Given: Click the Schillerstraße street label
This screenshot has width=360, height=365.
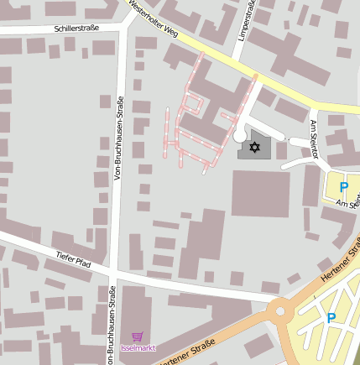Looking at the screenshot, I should click(76, 28).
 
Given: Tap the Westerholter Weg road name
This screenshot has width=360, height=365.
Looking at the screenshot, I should click(153, 20).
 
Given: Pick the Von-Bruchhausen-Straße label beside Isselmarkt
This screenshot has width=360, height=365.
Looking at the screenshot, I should click(112, 325).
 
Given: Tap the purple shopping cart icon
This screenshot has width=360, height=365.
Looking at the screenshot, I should click(138, 335).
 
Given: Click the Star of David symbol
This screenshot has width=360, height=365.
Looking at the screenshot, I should click(254, 148).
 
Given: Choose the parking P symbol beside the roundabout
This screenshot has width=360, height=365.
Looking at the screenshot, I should click(331, 317).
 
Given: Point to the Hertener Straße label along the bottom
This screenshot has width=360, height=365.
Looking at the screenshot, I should click(185, 352).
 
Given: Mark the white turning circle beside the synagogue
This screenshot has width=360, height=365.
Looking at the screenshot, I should click(240, 134).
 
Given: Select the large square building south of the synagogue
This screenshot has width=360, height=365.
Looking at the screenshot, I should click(260, 193).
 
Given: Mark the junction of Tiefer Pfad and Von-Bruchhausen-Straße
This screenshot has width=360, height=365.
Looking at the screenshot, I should click(113, 269).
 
